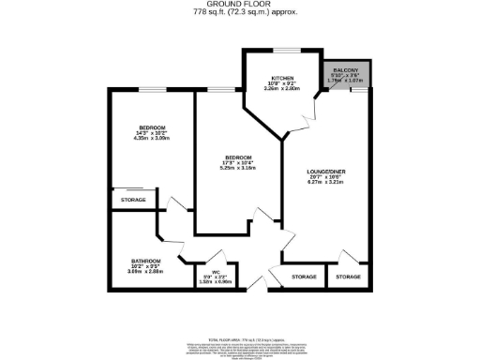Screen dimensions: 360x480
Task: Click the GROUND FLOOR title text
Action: tap(240, 5)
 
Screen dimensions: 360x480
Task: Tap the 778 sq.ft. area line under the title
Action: tap(240, 13)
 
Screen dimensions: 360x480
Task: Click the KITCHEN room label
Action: tap(283, 79)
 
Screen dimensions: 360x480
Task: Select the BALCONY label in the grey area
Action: tap(345, 68)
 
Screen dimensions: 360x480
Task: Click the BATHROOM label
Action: tap(145, 261)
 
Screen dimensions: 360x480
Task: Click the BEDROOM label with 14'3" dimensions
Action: tap(153, 127)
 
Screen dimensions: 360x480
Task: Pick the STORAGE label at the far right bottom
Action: tap(349, 277)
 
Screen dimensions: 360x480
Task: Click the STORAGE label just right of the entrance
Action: tap(304, 277)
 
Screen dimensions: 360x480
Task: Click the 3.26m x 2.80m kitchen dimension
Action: tap(283, 90)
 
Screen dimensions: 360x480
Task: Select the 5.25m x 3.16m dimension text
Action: tap(239, 170)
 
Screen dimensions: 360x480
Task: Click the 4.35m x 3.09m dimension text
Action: tap(153, 139)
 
